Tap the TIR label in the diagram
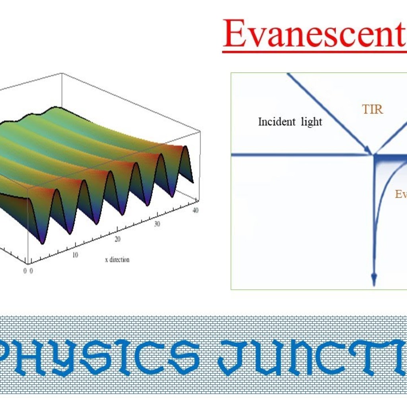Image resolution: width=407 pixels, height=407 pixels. coord(372,109)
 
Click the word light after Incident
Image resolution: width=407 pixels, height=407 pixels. coord(312,122)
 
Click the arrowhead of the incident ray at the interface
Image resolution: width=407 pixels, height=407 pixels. coord(369,151)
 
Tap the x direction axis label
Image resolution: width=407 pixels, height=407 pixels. coord(117,260)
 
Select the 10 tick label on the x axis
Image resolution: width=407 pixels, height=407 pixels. coord(75,255)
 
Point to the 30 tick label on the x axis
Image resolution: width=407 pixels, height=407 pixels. coord(157,224)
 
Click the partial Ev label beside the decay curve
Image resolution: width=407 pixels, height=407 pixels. coord(401,194)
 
